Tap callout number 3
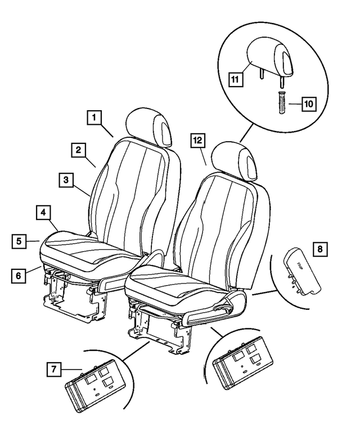coord(66,181)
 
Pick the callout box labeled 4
coord(44,213)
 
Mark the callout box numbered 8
coord(320,248)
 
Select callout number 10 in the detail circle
coord(308,104)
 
